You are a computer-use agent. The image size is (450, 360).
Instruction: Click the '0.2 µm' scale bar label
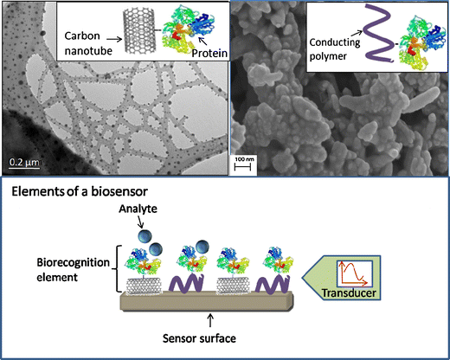pos(22,161)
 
